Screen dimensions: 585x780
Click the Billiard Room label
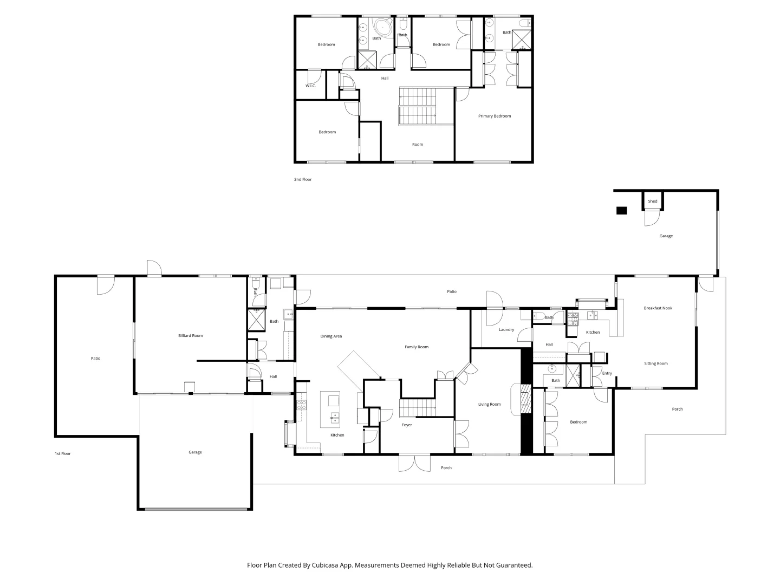[190, 336]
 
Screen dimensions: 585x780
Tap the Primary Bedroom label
[494, 116]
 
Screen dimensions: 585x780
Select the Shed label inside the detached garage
[652, 201]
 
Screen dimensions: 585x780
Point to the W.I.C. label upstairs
[310, 86]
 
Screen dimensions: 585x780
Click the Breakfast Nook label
[658, 308]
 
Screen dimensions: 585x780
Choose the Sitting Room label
[655, 363]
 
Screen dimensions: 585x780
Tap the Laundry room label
[506, 329]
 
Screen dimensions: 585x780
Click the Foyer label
[407, 425]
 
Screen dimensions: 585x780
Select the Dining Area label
[331, 336]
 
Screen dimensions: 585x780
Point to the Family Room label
[416, 347]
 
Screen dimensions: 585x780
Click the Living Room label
[489, 404]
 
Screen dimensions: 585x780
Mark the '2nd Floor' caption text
[303, 179]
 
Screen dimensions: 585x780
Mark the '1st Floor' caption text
[62, 453]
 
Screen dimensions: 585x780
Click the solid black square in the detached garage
[621, 211]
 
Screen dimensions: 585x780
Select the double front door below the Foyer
[414, 463]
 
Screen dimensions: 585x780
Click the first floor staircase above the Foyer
[418, 408]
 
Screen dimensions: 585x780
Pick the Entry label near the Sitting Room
[607, 373]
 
